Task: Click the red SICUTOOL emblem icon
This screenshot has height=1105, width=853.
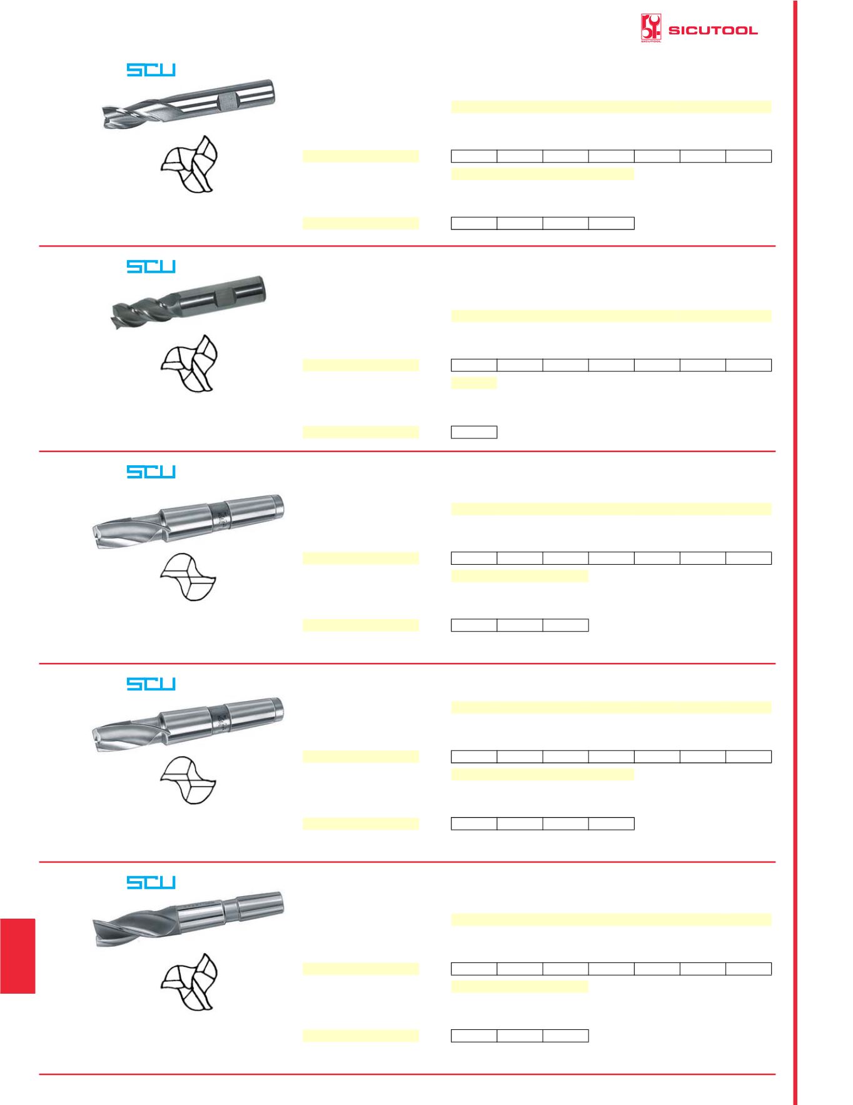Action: (650, 29)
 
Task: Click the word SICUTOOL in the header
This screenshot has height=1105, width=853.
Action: (713, 30)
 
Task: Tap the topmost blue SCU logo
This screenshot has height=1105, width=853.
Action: (151, 70)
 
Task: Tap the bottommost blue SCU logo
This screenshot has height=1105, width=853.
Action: (151, 882)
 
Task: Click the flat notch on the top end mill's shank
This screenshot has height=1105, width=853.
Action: (226, 100)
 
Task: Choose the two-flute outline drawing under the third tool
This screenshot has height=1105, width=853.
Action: (188, 577)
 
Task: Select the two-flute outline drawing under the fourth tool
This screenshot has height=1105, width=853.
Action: (188, 780)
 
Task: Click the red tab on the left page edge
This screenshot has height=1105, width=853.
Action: (18, 956)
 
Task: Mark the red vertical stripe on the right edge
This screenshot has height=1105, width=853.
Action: (797, 553)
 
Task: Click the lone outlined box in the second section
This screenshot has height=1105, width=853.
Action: (474, 432)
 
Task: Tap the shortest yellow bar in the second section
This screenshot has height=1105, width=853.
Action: (474, 383)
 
